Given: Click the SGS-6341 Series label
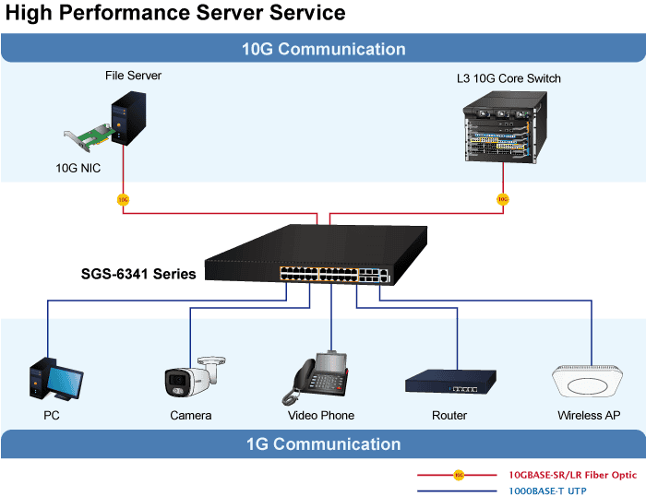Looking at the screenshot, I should (x=138, y=274).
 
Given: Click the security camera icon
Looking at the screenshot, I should (x=193, y=377).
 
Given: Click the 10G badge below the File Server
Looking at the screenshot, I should (x=123, y=198).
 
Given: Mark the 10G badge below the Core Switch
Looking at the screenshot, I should (x=502, y=198).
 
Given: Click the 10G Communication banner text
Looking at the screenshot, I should (x=323, y=50).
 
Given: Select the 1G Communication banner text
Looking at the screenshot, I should (x=323, y=444).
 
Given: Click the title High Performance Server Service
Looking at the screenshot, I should (x=175, y=13).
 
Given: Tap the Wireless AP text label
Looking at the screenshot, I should (x=588, y=416).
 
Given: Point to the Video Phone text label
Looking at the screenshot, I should (x=321, y=416).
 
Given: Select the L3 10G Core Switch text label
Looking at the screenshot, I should (x=508, y=79).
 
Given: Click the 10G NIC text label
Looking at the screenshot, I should (x=78, y=169).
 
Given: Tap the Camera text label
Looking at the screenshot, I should (x=191, y=416).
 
